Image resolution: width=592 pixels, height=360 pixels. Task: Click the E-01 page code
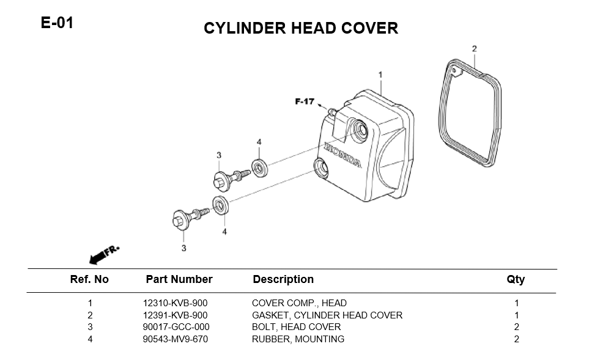pyautogui.click(x=57, y=24)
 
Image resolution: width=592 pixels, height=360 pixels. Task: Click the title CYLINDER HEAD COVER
pyautogui.click(x=300, y=28)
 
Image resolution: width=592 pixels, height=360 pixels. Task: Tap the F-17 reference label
pyautogui.click(x=304, y=101)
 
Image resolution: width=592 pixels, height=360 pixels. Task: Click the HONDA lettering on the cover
pyautogui.click(x=342, y=155)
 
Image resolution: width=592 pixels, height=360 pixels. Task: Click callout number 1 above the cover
pyautogui.click(x=380, y=75)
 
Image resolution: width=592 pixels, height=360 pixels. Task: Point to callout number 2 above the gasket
pyautogui.click(x=474, y=49)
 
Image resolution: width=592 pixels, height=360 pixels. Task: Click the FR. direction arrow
pyautogui.click(x=104, y=254)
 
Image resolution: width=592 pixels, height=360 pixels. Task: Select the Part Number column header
pyautogui.click(x=179, y=279)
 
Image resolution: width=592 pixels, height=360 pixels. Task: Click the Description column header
pyautogui.click(x=283, y=279)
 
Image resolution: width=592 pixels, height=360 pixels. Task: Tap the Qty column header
pyautogui.click(x=516, y=279)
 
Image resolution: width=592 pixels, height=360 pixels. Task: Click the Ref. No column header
pyautogui.click(x=89, y=279)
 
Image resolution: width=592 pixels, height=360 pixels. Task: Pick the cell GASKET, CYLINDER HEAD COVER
pyautogui.click(x=327, y=315)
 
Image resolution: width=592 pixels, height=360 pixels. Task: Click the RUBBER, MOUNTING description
pyautogui.click(x=298, y=339)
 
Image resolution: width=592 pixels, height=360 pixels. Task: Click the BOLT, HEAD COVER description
pyautogui.click(x=296, y=327)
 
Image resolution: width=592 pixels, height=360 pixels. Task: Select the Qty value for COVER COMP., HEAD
pyautogui.click(x=516, y=303)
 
